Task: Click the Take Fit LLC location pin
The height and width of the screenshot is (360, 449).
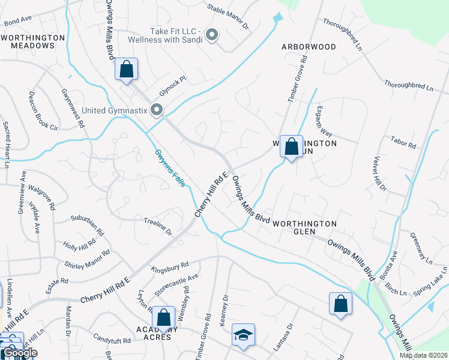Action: (x=211, y=36)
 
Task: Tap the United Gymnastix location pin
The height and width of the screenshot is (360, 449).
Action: (x=157, y=110)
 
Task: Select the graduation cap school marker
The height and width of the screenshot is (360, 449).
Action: (x=244, y=335)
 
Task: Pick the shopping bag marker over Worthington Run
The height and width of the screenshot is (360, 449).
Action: (x=291, y=146)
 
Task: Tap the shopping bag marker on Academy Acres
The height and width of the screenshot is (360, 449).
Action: (x=163, y=318)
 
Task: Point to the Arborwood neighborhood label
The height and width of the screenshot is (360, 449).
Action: (x=309, y=46)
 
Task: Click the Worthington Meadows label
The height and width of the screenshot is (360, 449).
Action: (x=32, y=41)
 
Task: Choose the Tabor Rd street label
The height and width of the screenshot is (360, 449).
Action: (x=403, y=145)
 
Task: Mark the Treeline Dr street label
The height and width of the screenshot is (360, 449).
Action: (x=157, y=226)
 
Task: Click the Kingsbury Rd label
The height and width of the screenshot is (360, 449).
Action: (x=170, y=267)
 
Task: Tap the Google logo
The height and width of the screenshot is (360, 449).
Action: (x=20, y=353)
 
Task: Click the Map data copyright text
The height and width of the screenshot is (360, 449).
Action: (x=424, y=355)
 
